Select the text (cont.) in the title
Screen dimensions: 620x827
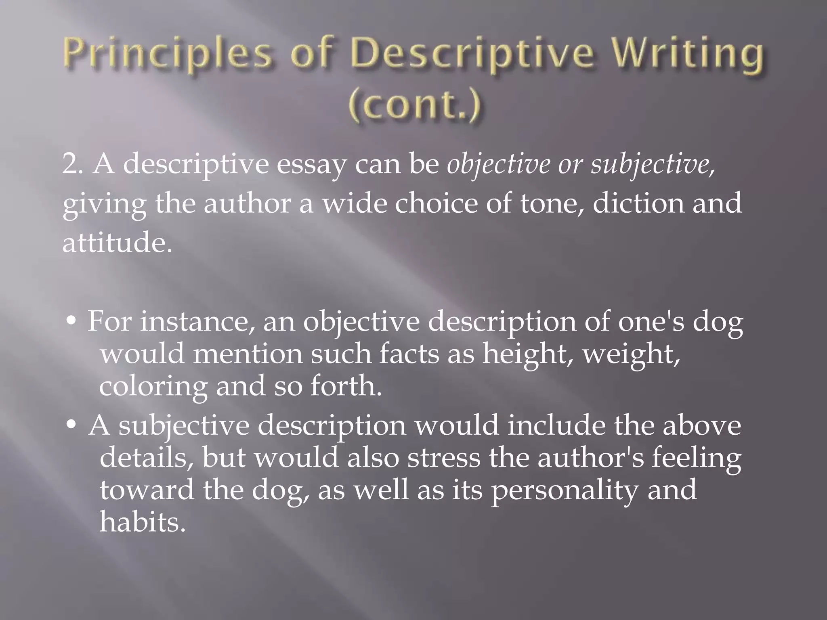pyautogui.click(x=414, y=105)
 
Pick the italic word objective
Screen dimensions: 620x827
pyautogui.click(x=499, y=164)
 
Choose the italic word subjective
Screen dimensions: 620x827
pyautogui.click(x=653, y=164)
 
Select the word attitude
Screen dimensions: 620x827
pyautogui.click(x=117, y=243)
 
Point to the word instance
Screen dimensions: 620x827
pyautogui.click(x=198, y=322)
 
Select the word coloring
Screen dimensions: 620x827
pyautogui.click(x=153, y=387)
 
